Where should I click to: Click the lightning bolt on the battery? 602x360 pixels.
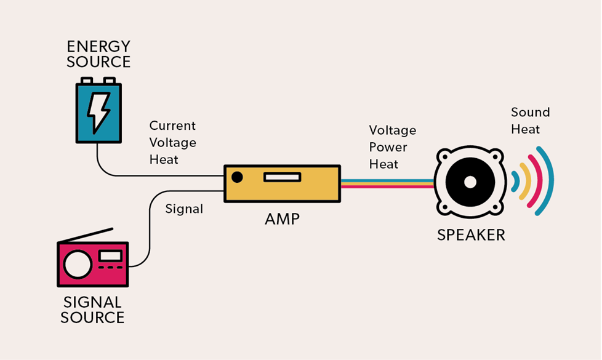[x=98, y=113]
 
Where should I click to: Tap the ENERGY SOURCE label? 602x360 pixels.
[x=98, y=54]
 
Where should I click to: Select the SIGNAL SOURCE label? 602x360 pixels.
[x=94, y=310]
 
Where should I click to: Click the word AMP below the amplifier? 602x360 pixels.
[x=283, y=218]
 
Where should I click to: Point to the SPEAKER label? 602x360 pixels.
[x=471, y=234]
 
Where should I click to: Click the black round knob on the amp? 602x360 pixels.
[x=237, y=177]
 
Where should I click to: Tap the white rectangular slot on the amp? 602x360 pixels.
[x=282, y=177]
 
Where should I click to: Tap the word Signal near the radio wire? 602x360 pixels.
[x=184, y=209]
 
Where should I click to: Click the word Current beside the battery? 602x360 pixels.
[x=172, y=126]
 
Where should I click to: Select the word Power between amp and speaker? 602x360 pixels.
[x=388, y=147]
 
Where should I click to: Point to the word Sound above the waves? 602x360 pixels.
[x=530, y=112]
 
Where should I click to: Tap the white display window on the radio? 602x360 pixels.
[x=110, y=255]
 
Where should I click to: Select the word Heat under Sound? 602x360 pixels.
[x=525, y=129]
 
